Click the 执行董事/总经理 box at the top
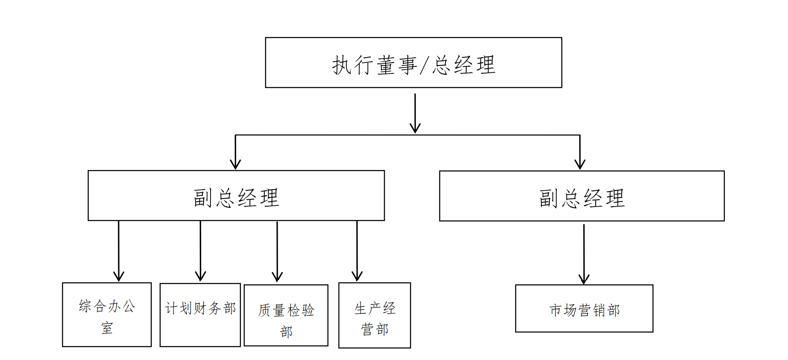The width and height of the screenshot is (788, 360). click(x=413, y=62)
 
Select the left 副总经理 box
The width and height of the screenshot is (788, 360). click(x=236, y=196)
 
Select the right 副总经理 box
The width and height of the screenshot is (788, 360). click(x=581, y=196)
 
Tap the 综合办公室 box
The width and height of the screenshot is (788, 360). click(x=107, y=315)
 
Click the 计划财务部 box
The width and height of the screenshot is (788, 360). click(x=200, y=315)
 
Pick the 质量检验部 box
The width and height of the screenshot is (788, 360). click(x=286, y=315)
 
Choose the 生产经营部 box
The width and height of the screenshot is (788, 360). click(x=374, y=315)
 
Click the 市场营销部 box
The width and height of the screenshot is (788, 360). click(x=584, y=309)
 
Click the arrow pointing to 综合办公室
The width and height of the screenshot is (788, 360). click(x=119, y=251)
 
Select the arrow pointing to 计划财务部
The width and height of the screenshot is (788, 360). click(x=200, y=251)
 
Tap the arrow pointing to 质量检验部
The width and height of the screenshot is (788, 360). click(x=277, y=252)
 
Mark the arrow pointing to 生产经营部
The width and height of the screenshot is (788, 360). click(x=357, y=251)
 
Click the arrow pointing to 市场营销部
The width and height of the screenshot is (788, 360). click(x=584, y=254)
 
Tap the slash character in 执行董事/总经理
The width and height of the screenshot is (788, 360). click(x=424, y=65)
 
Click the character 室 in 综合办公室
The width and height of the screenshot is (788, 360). click(x=107, y=328)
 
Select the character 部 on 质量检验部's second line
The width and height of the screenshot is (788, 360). click(x=286, y=332)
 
